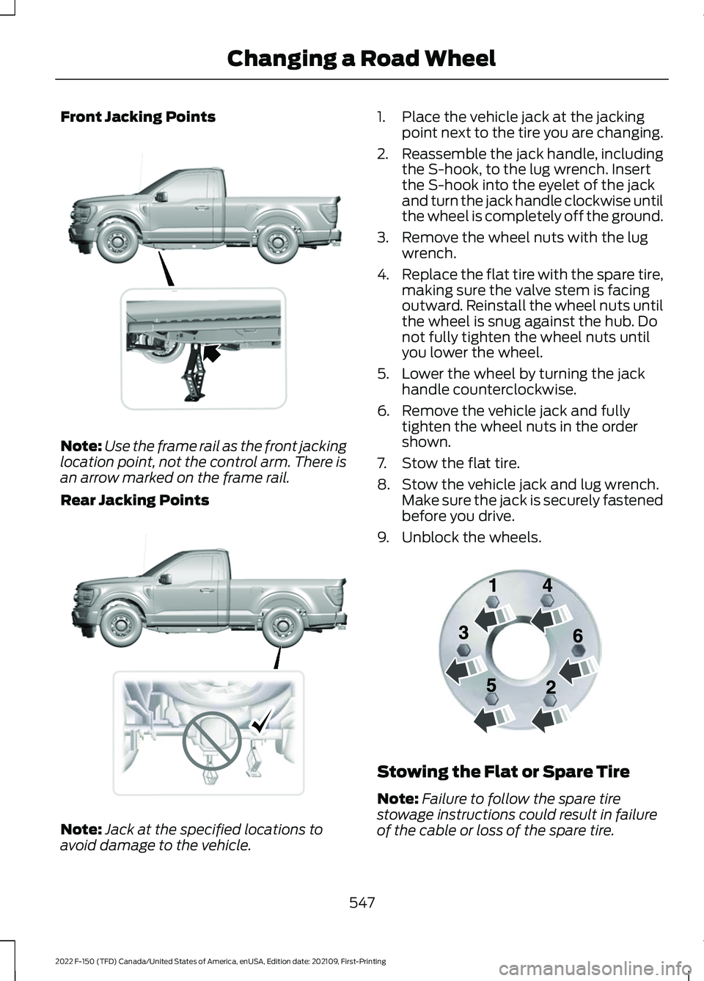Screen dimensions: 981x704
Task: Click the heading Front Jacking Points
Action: click(138, 117)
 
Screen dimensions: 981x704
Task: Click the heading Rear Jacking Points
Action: click(134, 500)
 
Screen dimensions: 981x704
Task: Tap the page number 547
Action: click(362, 902)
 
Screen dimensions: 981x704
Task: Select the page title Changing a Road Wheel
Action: click(362, 58)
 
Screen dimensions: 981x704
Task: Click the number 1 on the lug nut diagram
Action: click(494, 586)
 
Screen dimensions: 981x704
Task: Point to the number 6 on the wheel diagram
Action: click(577, 636)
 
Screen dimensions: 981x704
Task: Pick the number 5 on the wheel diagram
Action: click(491, 685)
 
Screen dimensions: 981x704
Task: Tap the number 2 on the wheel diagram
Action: click(551, 688)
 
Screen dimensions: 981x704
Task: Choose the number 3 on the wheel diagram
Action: click(463, 632)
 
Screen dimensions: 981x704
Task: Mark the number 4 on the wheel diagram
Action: click(547, 586)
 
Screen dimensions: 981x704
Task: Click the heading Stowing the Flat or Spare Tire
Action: click(503, 771)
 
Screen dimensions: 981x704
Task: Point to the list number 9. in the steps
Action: click(384, 537)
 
